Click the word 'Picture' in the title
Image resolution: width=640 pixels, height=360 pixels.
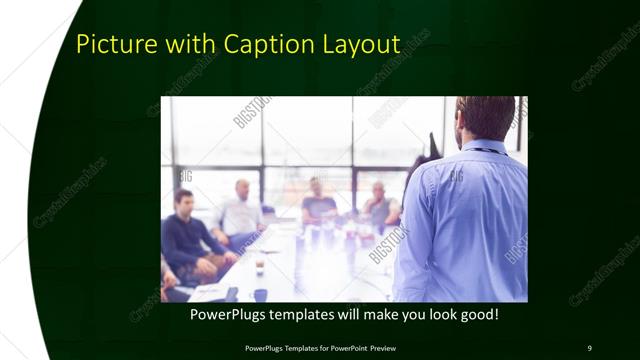[111, 45]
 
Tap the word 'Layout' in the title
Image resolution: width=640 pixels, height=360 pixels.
[363, 45]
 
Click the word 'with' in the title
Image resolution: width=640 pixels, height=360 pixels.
[187, 45]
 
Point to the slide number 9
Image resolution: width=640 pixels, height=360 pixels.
[589, 347]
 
